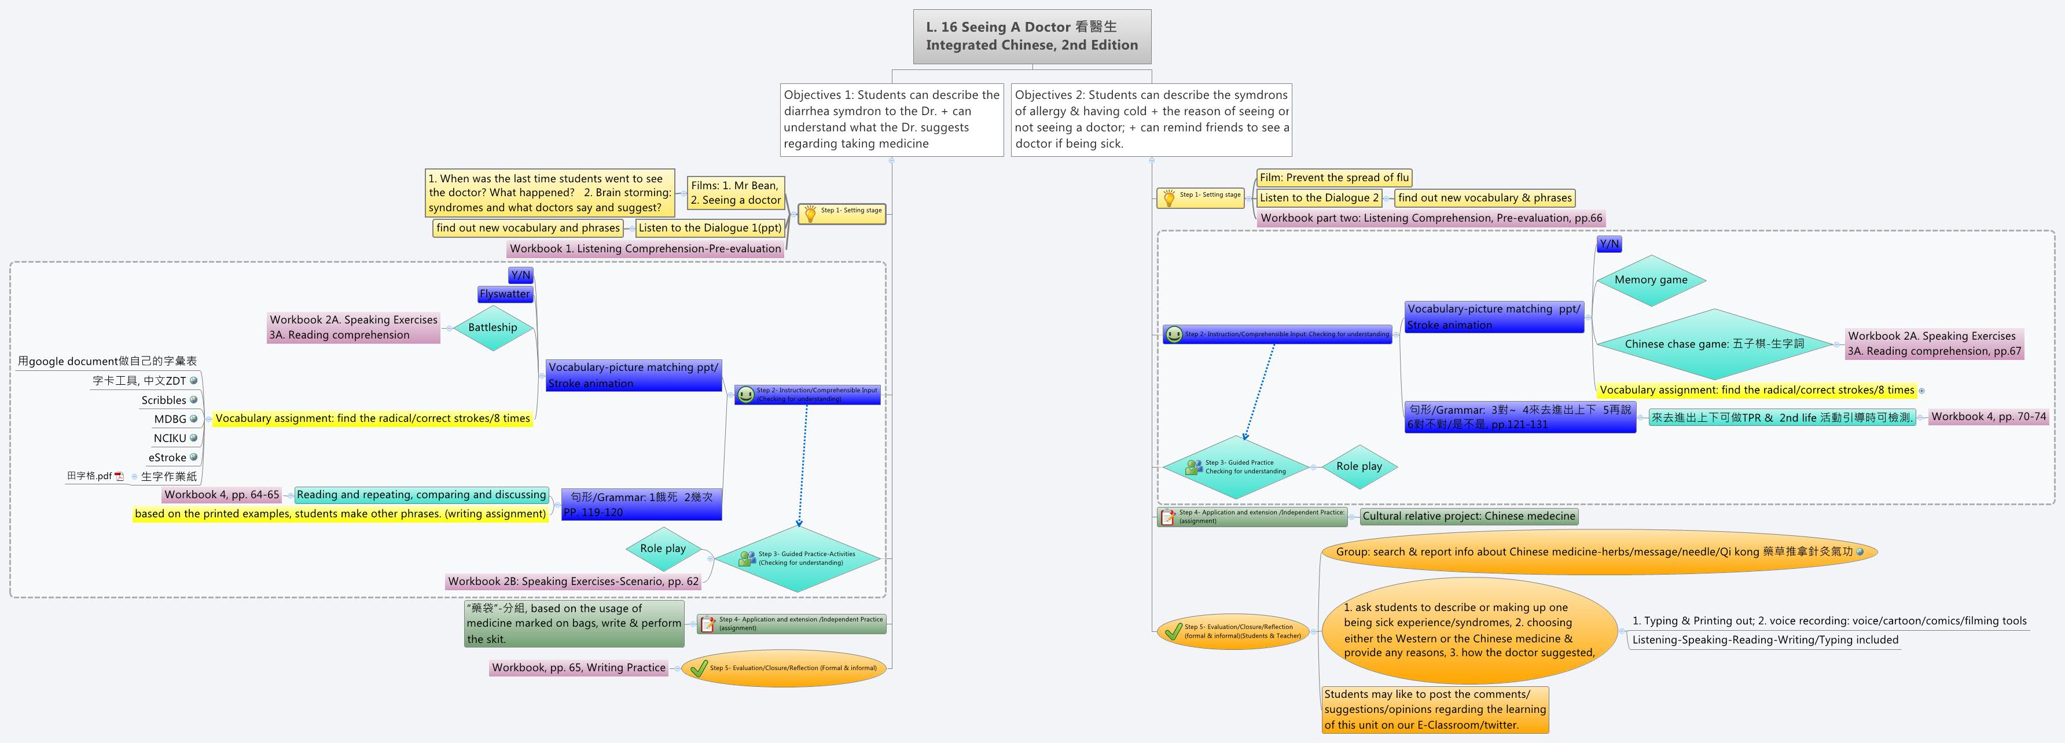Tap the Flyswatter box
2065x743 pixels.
[x=505, y=294]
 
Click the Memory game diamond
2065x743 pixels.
[x=1651, y=279]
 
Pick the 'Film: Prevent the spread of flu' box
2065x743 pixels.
[x=1333, y=178]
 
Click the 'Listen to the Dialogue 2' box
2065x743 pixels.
[x=1318, y=198]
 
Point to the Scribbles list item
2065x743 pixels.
[x=164, y=400]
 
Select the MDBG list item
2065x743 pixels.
[x=170, y=419]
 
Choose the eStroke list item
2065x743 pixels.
[x=167, y=458]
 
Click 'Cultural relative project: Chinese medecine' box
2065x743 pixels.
[x=1468, y=516]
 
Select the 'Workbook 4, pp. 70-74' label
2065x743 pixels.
[x=1988, y=417]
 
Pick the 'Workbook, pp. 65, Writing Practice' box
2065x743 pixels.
[x=578, y=668]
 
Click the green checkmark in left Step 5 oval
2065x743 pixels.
[x=698, y=668]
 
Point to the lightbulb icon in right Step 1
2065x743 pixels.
[x=1168, y=197]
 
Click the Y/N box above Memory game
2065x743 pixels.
[x=1609, y=244]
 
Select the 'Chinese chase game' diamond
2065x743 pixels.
[x=1714, y=344]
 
